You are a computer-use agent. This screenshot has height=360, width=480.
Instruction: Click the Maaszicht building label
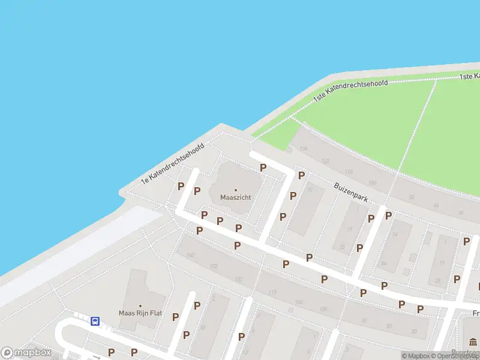235,197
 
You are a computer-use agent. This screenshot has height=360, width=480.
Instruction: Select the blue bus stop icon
95,321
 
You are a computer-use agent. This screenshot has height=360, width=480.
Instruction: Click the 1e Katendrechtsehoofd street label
173,163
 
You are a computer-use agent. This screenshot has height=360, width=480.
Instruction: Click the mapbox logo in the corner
26,353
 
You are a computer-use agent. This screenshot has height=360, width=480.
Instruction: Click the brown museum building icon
473,343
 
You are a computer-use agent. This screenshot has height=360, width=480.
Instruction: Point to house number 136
303,149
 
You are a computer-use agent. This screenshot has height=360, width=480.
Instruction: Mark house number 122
326,161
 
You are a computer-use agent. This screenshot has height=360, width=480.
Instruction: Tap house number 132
238,280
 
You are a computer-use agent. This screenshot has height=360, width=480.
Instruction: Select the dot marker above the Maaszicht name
235,190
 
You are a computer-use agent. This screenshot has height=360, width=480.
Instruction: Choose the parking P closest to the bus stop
111,352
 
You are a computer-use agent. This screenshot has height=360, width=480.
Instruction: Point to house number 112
272,292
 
